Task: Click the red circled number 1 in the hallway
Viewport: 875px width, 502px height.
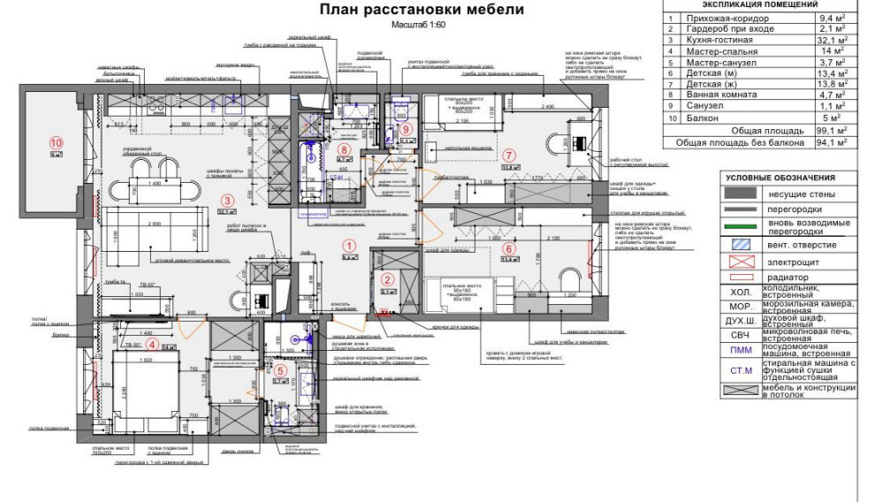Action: click(x=348, y=247)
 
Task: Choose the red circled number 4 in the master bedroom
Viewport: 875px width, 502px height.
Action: click(x=152, y=345)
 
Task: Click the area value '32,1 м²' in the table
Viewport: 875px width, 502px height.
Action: click(x=830, y=40)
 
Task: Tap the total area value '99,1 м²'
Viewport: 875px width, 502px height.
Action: click(x=830, y=130)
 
